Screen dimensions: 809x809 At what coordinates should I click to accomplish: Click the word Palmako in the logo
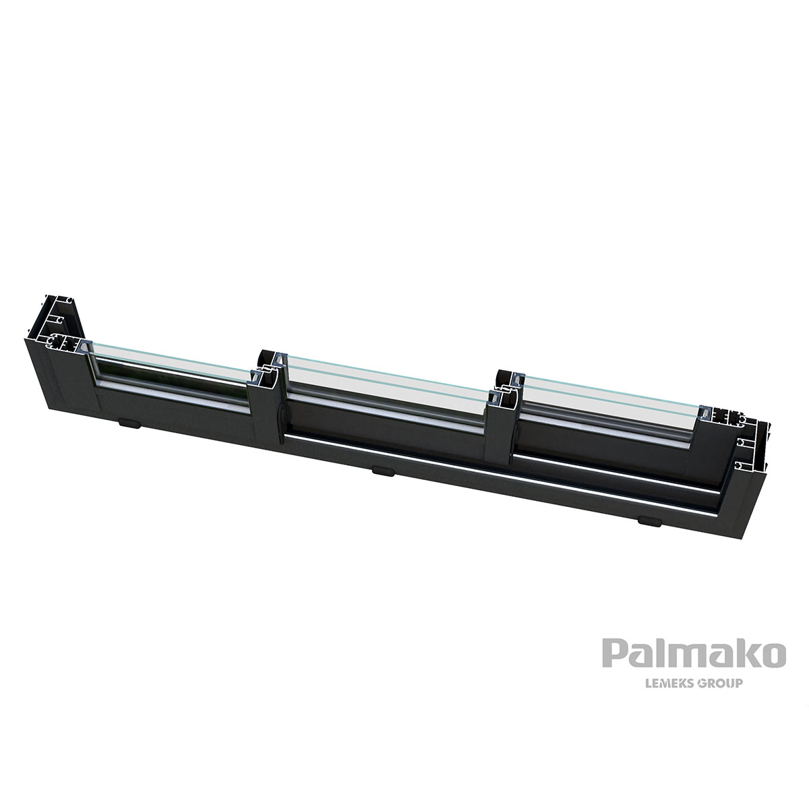pos(694,655)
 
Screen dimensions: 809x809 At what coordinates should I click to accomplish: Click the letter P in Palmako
pos(613,655)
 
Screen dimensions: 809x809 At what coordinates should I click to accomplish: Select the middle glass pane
pos(384,382)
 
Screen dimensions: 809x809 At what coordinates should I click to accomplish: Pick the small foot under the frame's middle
pos(382,471)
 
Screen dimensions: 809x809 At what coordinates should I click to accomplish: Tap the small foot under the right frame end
pos(649,520)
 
